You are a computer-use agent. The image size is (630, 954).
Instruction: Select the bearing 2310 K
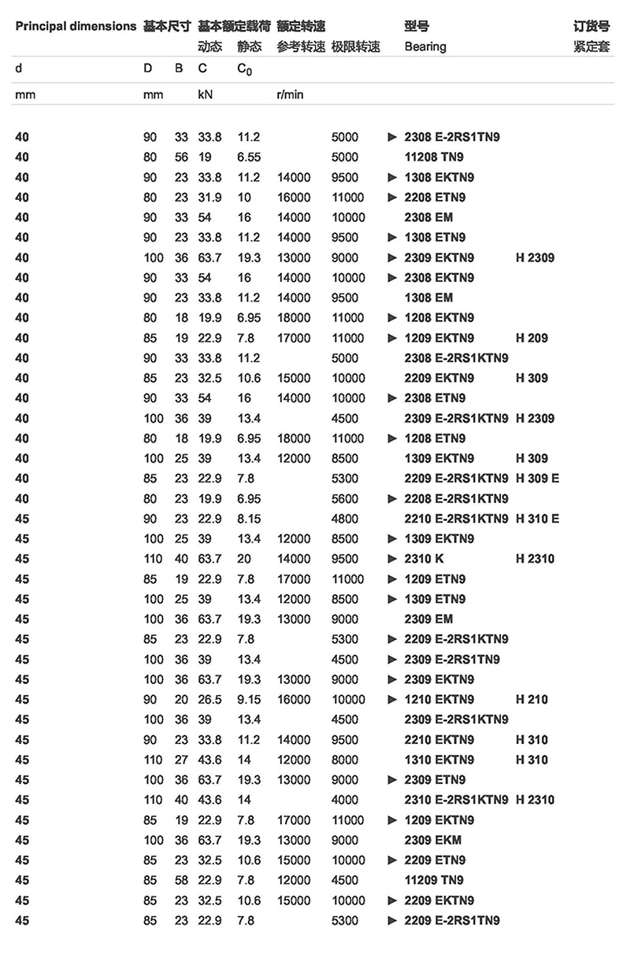(x=424, y=559)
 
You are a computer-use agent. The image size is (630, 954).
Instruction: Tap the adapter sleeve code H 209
(x=532, y=338)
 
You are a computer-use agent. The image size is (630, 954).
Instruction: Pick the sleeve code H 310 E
(x=537, y=519)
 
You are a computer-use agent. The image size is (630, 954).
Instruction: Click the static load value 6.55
(x=248, y=157)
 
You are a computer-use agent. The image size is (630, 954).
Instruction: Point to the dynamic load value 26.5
(x=209, y=699)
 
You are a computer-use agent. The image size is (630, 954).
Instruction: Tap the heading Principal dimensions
(x=76, y=26)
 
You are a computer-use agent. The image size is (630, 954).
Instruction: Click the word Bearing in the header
(x=425, y=46)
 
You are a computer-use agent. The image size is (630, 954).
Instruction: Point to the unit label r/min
(x=290, y=94)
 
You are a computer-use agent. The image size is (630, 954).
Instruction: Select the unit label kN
(x=205, y=94)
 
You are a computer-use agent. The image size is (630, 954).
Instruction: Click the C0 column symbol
(x=245, y=68)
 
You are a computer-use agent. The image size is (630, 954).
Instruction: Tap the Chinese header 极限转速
(x=356, y=46)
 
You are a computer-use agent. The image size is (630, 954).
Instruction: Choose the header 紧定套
(x=591, y=46)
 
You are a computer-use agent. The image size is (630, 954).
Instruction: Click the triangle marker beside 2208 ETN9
(x=392, y=198)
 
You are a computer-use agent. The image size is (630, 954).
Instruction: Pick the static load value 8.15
(x=248, y=519)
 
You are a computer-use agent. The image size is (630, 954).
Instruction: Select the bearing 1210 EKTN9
(x=439, y=699)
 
